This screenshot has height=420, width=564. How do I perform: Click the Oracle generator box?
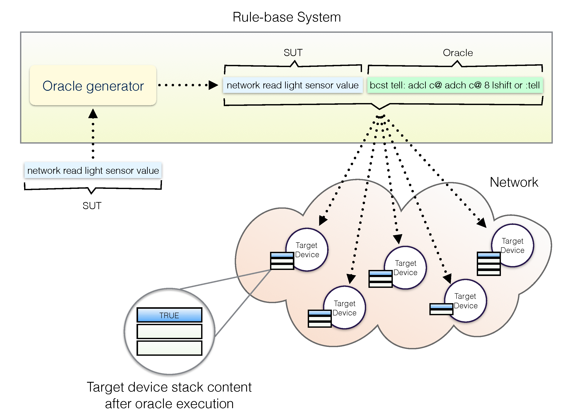[x=93, y=85]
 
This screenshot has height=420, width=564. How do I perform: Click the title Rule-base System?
[x=286, y=17]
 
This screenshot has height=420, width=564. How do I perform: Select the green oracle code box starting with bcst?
[x=455, y=85]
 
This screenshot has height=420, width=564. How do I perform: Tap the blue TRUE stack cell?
[x=169, y=315]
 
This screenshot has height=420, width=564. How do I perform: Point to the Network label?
[x=514, y=182]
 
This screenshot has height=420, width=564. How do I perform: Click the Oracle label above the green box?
[x=458, y=53]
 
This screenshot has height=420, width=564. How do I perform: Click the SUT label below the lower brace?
[x=92, y=206]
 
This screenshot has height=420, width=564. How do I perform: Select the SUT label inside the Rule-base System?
[x=293, y=53]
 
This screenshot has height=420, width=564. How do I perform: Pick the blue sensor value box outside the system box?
[x=93, y=170]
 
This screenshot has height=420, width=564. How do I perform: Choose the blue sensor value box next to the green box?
[x=292, y=85]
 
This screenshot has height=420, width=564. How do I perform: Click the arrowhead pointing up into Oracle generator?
[x=93, y=114]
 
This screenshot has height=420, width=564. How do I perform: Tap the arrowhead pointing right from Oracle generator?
[x=213, y=85]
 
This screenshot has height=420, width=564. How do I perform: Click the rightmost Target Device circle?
[x=513, y=245]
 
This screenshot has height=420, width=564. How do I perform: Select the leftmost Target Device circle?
[x=307, y=250]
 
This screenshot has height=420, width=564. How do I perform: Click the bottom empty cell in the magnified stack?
[x=169, y=348]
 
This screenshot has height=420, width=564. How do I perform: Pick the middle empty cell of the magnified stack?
[x=169, y=331]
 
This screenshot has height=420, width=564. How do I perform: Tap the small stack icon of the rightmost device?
[x=489, y=264]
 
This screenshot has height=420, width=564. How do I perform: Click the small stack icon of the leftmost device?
[x=282, y=261]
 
